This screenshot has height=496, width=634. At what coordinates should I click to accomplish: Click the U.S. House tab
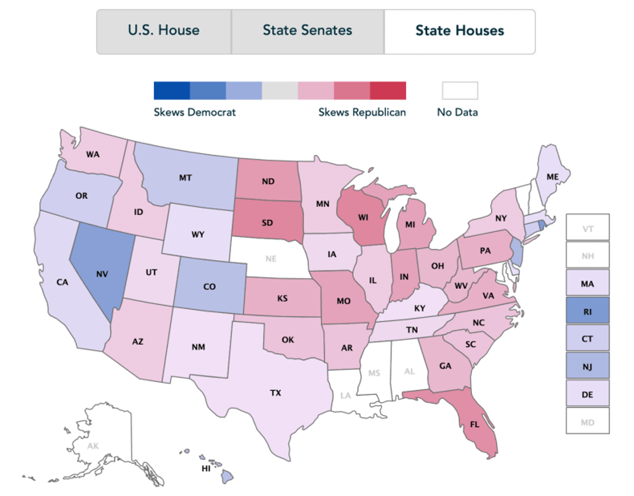[164, 30]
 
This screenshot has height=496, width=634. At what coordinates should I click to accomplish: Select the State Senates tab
[307, 30]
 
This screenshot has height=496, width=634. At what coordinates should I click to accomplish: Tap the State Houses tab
[460, 30]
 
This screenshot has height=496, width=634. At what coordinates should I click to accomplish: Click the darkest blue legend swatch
[172, 90]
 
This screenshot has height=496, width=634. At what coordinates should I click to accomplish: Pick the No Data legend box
[460, 90]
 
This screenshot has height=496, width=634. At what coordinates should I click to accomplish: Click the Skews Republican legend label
[362, 112]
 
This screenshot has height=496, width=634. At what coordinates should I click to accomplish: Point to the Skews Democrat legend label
[194, 112]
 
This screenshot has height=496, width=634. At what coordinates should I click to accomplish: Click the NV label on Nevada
[102, 274]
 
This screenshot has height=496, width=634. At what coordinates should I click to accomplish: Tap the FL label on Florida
[475, 424]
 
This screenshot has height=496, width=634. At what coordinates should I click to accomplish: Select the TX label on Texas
[275, 393]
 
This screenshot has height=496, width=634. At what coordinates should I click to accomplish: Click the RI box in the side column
[587, 312]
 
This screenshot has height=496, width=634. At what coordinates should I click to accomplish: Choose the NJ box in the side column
[587, 366]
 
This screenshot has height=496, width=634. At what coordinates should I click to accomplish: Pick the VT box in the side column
[587, 228]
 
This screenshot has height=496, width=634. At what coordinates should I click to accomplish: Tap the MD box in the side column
[587, 422]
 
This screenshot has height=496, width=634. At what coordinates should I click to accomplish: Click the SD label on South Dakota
[267, 223]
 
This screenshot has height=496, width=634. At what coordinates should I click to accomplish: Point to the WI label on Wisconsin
[363, 217]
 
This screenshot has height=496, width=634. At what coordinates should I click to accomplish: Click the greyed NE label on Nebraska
[271, 259]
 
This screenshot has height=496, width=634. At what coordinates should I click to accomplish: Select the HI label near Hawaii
[206, 468]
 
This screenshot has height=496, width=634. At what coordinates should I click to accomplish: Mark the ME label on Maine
[552, 177]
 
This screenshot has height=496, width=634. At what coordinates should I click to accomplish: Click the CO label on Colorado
[209, 286]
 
